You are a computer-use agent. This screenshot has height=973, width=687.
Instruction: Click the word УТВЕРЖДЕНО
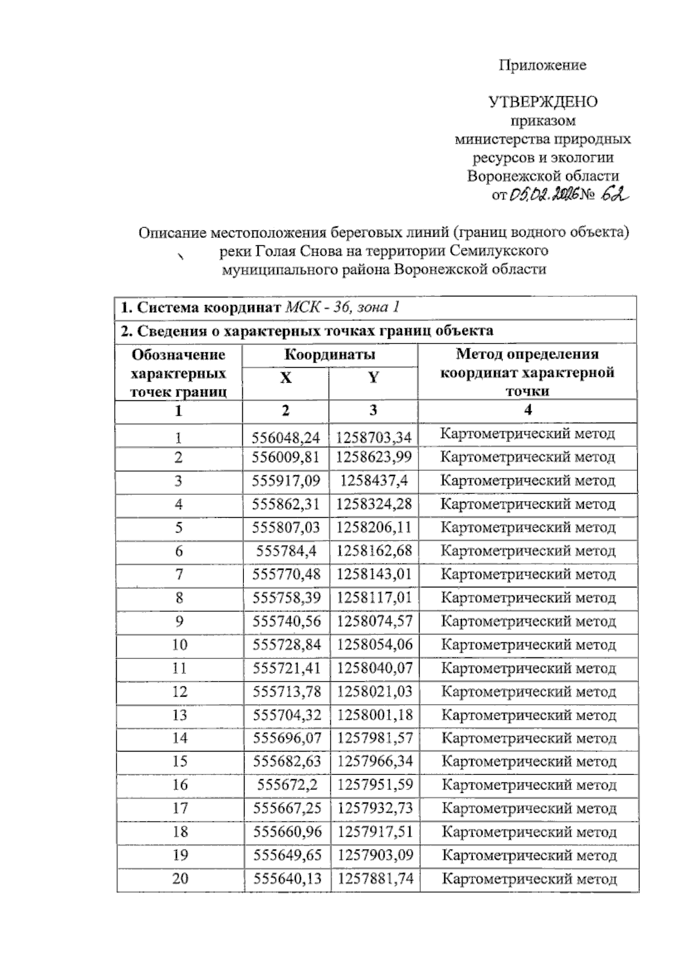point(543,102)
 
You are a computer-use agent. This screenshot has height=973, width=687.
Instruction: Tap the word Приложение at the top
point(542,65)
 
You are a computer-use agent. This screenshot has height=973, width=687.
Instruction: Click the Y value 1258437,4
point(374,480)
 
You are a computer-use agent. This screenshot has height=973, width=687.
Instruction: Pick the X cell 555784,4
point(286,551)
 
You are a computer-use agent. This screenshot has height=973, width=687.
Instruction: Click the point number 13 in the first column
point(179,715)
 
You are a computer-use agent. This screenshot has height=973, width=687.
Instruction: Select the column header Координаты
point(330,354)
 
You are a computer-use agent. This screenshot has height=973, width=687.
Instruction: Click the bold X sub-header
point(286,378)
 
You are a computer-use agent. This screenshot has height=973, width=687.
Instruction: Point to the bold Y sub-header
point(373,378)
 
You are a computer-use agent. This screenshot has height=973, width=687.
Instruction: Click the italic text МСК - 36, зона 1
point(342,307)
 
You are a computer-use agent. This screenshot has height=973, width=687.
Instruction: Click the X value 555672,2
point(287,785)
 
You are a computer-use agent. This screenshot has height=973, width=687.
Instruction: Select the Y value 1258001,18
point(374,715)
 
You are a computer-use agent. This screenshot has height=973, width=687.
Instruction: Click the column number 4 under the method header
point(527,410)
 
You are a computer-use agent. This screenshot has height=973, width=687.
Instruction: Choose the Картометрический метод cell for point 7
point(528,574)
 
